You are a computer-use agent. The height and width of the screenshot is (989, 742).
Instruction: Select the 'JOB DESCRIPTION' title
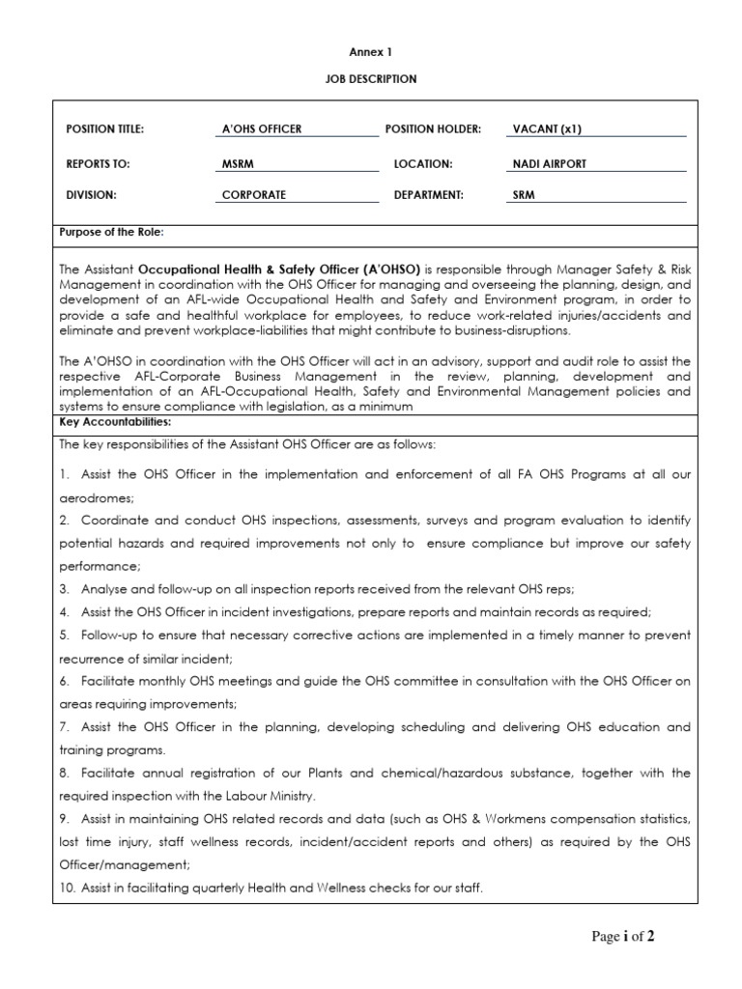click(x=370, y=79)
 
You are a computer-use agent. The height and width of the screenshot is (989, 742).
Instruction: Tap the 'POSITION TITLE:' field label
click(x=104, y=128)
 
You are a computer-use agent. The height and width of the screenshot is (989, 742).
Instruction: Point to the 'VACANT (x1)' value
click(x=547, y=128)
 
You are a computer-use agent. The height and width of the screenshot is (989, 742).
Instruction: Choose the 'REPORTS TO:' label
click(x=98, y=164)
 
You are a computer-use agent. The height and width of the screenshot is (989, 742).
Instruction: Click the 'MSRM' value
click(x=237, y=164)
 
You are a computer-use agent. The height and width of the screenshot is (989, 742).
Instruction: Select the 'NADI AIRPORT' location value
click(x=550, y=164)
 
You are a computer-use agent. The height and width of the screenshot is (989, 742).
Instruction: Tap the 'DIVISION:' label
click(x=92, y=194)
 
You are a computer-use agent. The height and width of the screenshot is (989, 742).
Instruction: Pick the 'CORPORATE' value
click(x=254, y=194)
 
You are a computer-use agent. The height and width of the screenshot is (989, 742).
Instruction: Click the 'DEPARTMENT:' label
click(x=429, y=194)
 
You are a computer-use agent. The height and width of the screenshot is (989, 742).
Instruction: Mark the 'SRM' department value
click(x=524, y=194)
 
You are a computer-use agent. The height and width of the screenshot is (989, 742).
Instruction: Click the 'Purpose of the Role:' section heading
click(x=112, y=233)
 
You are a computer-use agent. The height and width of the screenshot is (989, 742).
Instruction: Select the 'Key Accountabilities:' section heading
click(x=115, y=422)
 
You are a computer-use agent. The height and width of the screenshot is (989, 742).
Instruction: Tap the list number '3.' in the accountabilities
click(x=65, y=588)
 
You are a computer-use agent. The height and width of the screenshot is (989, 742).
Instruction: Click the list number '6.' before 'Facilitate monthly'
click(x=65, y=681)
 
